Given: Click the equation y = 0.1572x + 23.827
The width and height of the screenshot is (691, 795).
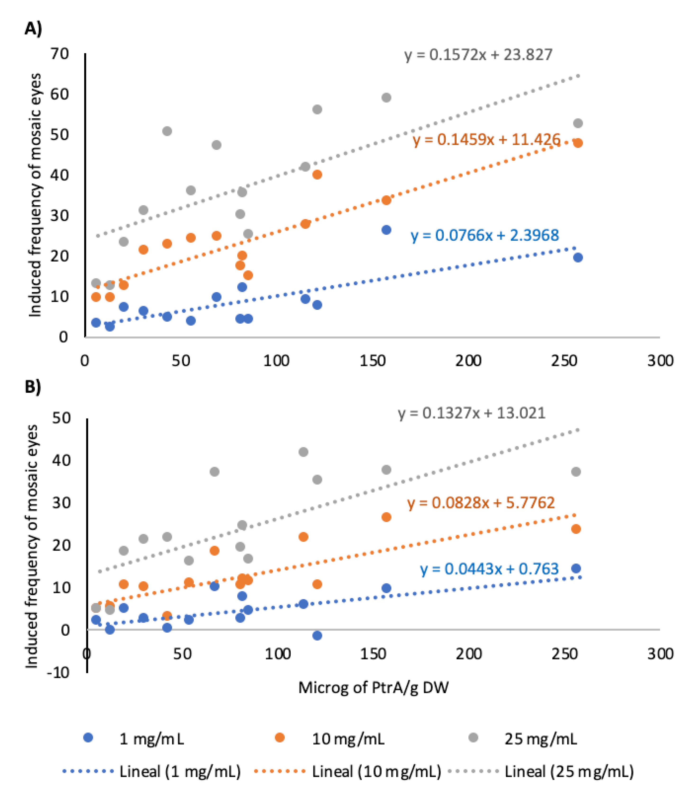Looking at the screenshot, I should coord(478,55).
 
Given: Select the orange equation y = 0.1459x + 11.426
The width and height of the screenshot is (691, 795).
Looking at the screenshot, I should coord(487,140).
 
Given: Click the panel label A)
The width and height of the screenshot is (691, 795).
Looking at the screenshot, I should coord(33,29).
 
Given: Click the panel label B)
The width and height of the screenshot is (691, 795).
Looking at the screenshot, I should coord(33,387).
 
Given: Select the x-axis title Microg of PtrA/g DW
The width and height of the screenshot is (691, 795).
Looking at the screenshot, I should coord(373,687).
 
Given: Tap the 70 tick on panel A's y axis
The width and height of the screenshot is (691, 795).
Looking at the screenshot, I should coord(59,54).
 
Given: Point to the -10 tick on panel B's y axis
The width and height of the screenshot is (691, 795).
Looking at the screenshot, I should coord(58,673).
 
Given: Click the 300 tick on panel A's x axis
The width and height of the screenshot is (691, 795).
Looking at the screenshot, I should coord(660,361).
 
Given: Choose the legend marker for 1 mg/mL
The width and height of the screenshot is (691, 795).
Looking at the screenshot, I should coord(89,738).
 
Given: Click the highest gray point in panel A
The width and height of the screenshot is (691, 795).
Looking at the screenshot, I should coord(386,98).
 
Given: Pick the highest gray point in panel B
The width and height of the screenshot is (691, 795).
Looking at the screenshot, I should coord(303,452).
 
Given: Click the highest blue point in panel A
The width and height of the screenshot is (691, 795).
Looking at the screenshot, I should coord(386,230).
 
